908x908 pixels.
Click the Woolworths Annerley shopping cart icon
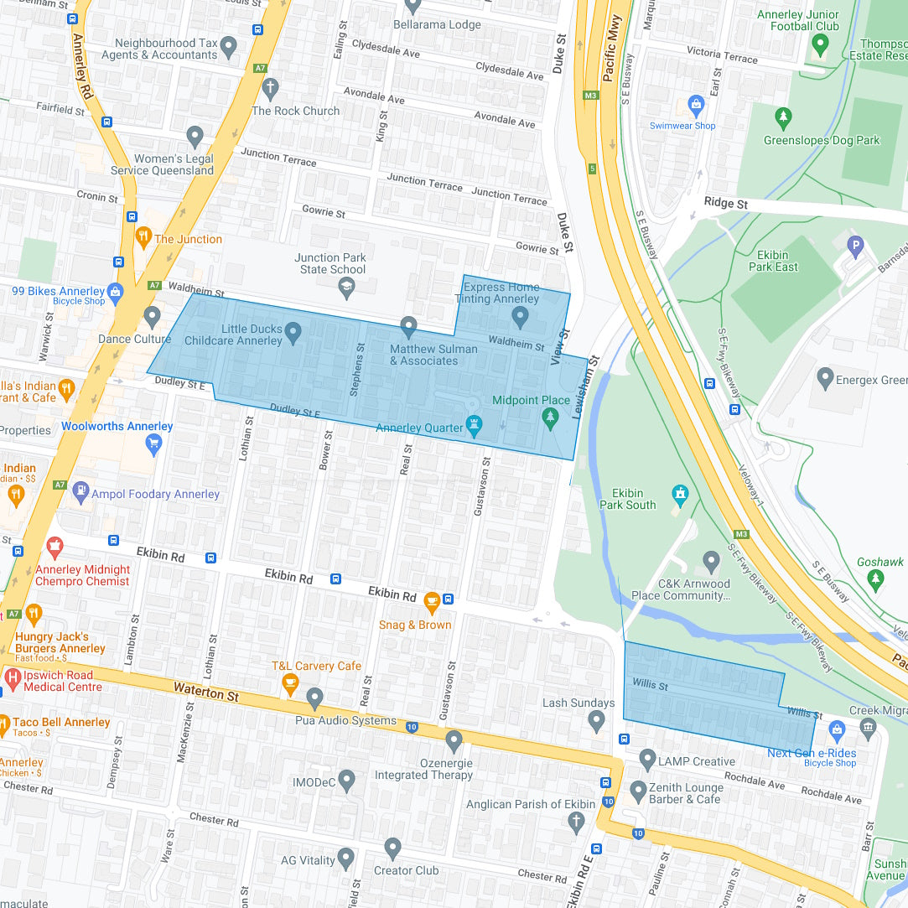[x=153, y=444]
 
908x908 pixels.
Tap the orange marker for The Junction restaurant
[x=143, y=237]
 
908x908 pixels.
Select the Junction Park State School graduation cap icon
[x=346, y=288]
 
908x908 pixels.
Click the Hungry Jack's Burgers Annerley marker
[x=34, y=615]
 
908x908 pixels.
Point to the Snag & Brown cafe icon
[x=432, y=601]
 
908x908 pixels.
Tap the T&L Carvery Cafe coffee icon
[x=290, y=684]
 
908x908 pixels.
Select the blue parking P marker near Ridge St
[x=855, y=246]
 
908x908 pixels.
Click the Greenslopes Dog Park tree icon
[x=783, y=117]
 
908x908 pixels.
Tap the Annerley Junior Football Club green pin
[x=819, y=44]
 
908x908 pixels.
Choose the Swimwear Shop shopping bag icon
[x=695, y=105]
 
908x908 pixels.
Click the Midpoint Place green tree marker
[x=550, y=418]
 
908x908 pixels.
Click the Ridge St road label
[x=725, y=204]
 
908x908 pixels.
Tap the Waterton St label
[x=206, y=692]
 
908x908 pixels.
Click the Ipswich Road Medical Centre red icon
[x=13, y=677]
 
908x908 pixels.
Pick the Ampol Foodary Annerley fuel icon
[x=80, y=490]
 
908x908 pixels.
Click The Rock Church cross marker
[x=269, y=88]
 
